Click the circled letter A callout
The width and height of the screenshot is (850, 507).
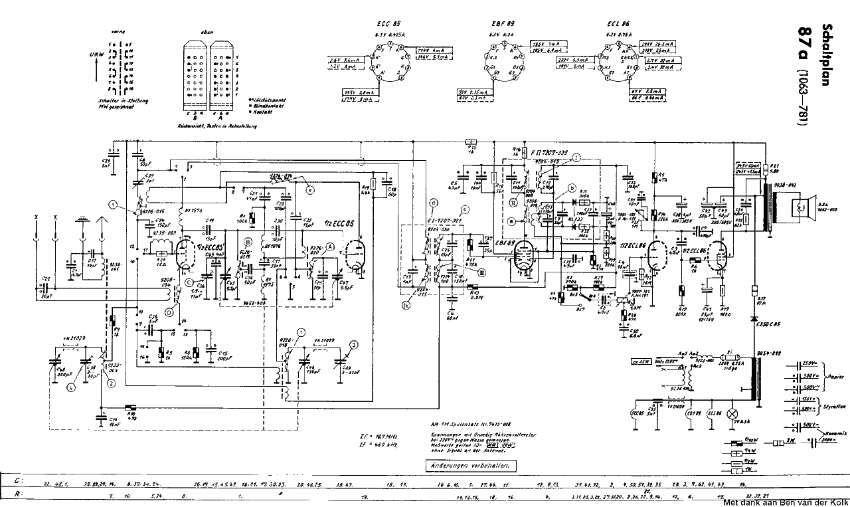click(329, 245)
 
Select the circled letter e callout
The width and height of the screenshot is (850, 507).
click(310, 189)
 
